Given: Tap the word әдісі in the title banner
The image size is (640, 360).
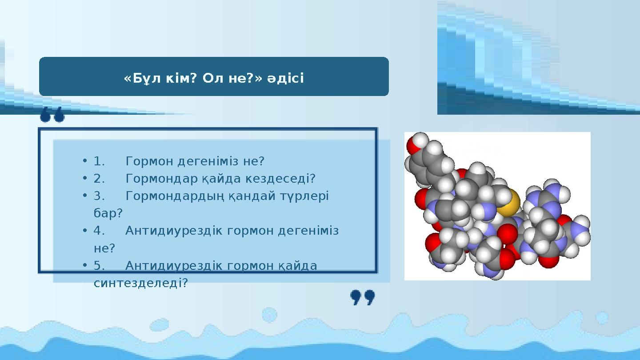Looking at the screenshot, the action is point(285,78).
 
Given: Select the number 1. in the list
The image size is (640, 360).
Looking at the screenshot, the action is point(99,161).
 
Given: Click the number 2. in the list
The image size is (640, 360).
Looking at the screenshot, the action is point(99,179).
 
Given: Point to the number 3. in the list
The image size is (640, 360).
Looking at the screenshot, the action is point(99,196).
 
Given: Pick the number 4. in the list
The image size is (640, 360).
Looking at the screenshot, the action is point(99,231).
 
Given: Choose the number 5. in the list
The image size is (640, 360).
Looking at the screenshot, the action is point(99,266).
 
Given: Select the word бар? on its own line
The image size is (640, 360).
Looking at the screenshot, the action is point(108,213).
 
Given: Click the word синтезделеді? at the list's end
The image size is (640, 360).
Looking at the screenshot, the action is point(141,283).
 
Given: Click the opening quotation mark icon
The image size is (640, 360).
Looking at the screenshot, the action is point(52,115).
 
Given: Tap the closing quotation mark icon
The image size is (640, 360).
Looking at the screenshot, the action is point(363,298).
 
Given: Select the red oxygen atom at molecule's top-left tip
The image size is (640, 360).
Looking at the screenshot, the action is point(412,146).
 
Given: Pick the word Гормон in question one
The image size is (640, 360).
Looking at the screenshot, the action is point(150,161).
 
